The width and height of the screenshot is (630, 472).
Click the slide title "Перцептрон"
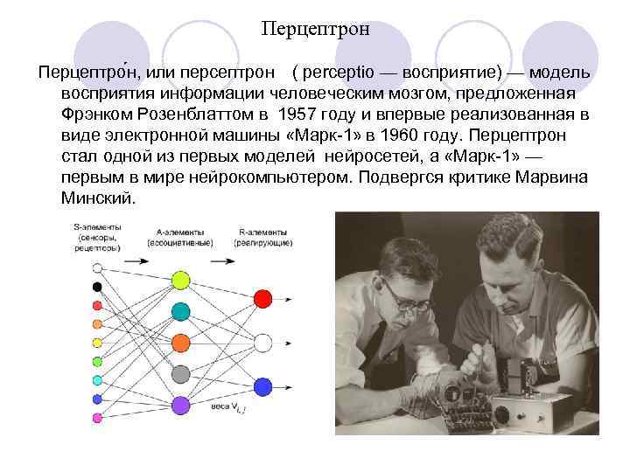click(315, 29)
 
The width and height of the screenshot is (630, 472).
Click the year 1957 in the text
click(299, 114)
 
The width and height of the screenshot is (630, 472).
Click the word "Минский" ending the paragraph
click(97, 198)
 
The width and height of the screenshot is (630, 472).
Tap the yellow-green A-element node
click(180, 280)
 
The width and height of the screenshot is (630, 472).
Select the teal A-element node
click(180, 310)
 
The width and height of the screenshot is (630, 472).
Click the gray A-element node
click(180, 373)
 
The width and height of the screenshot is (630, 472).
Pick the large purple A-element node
click(180, 405)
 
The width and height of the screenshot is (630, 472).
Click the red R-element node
click(262, 299)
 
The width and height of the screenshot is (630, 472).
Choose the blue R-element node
click(262, 385)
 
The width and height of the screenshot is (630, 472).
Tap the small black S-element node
click(97, 287)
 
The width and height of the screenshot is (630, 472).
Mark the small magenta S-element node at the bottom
click(97, 418)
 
